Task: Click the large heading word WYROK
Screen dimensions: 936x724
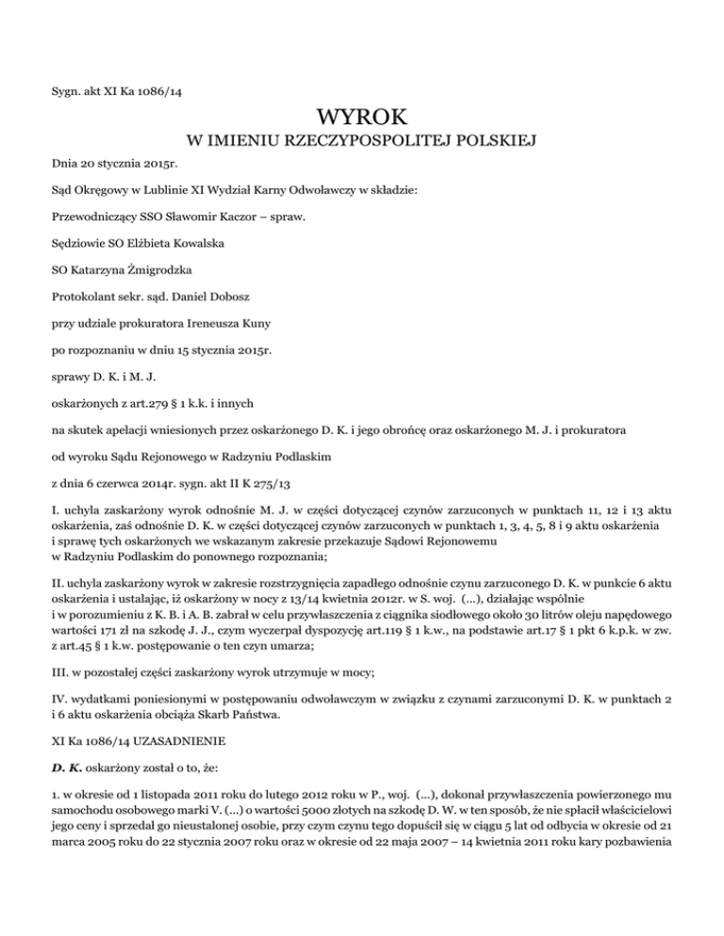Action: click(x=362, y=120)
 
